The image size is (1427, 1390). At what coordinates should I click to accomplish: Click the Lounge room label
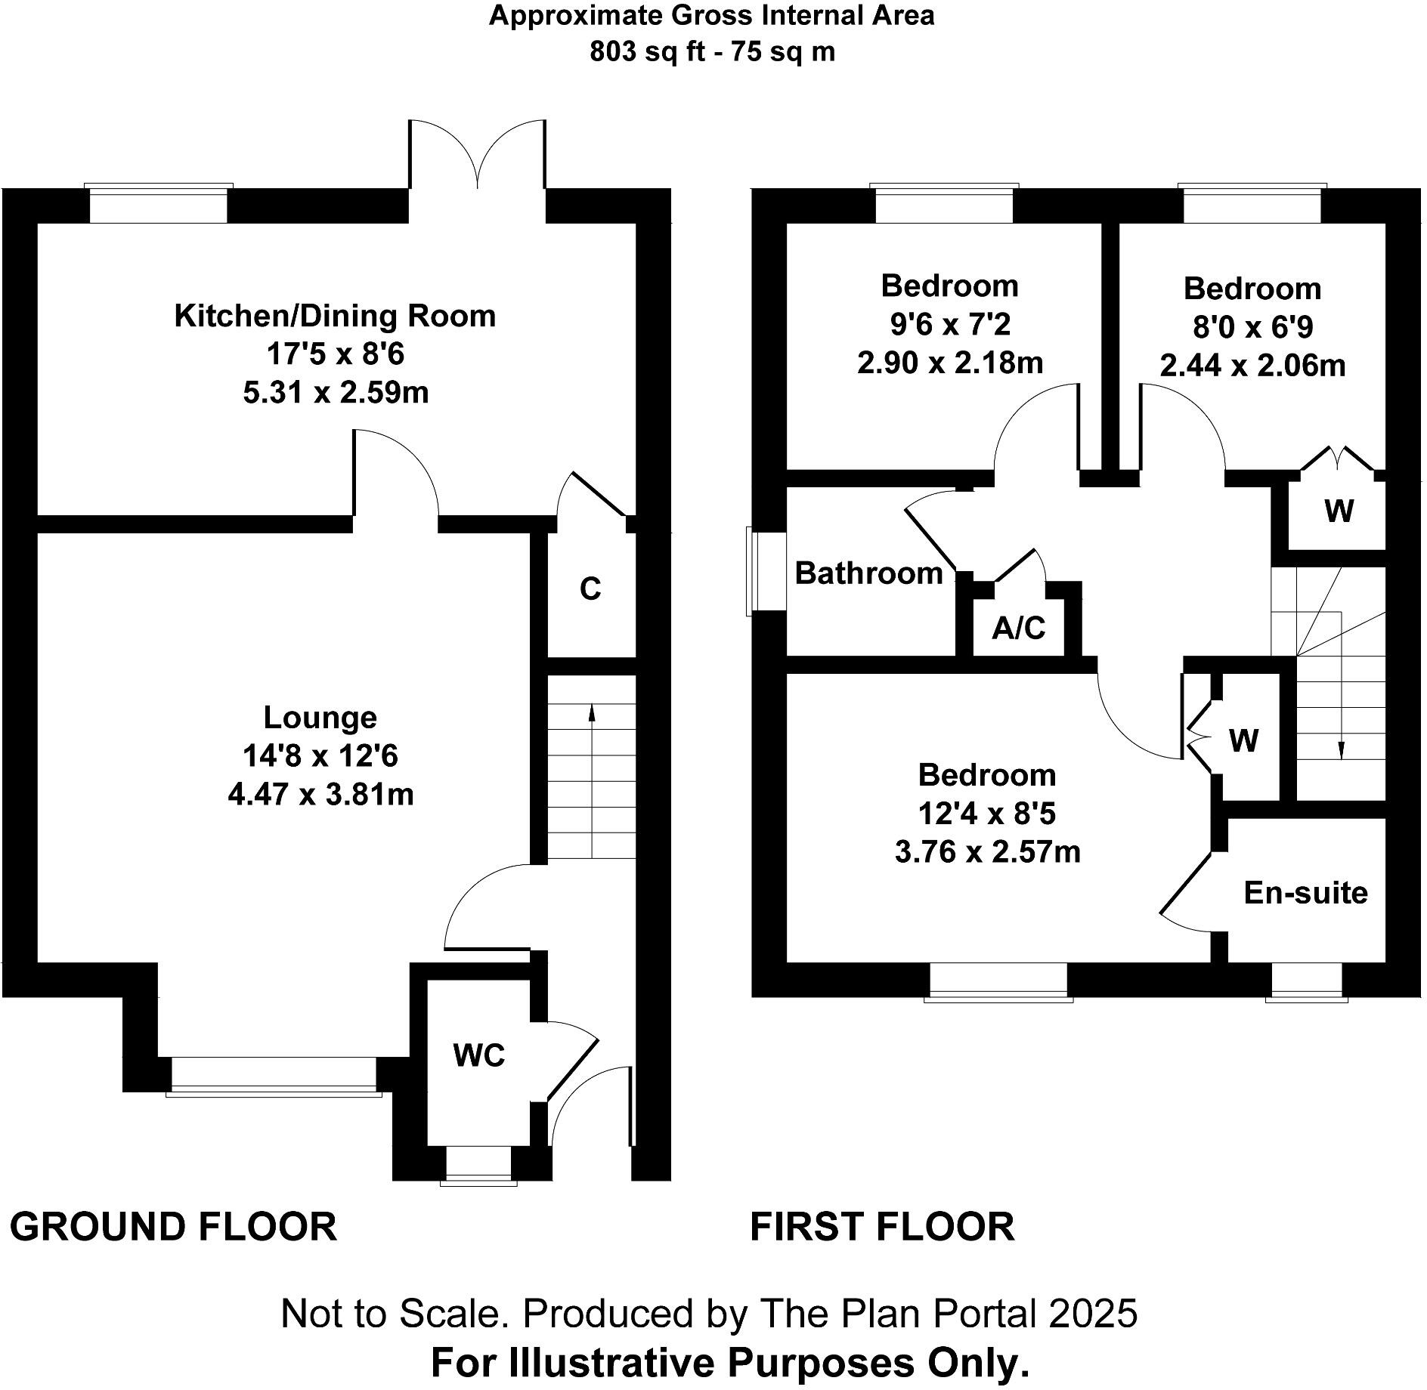pyautogui.click(x=320, y=717)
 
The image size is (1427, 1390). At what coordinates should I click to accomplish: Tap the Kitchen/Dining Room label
pyautogui.click(x=335, y=316)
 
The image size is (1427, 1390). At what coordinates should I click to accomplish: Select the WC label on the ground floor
pyautogui.click(x=479, y=1055)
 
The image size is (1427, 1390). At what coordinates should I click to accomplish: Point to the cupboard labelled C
pyautogui.click(x=590, y=588)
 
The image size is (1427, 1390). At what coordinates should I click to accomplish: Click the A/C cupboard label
pyautogui.click(x=1018, y=628)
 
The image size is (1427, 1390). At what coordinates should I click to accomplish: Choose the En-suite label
pyautogui.click(x=1305, y=893)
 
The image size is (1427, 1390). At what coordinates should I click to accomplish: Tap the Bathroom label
pyautogui.click(x=868, y=573)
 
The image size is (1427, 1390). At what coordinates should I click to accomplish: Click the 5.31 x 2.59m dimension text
pyautogui.click(x=336, y=393)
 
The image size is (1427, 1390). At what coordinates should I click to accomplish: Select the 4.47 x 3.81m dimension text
pyautogui.click(x=320, y=795)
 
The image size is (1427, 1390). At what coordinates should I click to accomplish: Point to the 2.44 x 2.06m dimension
pyautogui.click(x=1252, y=366)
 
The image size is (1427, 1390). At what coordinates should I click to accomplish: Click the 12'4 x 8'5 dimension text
pyautogui.click(x=986, y=814)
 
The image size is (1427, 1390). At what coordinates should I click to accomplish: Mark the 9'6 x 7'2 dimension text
pyautogui.click(x=949, y=325)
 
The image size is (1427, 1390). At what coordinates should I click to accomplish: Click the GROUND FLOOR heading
pyautogui.click(x=173, y=1226)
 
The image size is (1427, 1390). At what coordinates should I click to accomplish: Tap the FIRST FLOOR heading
pyautogui.click(x=882, y=1226)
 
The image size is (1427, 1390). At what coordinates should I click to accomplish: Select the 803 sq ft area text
pyautogui.click(x=647, y=52)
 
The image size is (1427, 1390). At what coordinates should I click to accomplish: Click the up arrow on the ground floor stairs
pyautogui.click(x=591, y=713)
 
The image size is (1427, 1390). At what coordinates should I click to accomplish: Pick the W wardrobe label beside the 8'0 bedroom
pyautogui.click(x=1339, y=512)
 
